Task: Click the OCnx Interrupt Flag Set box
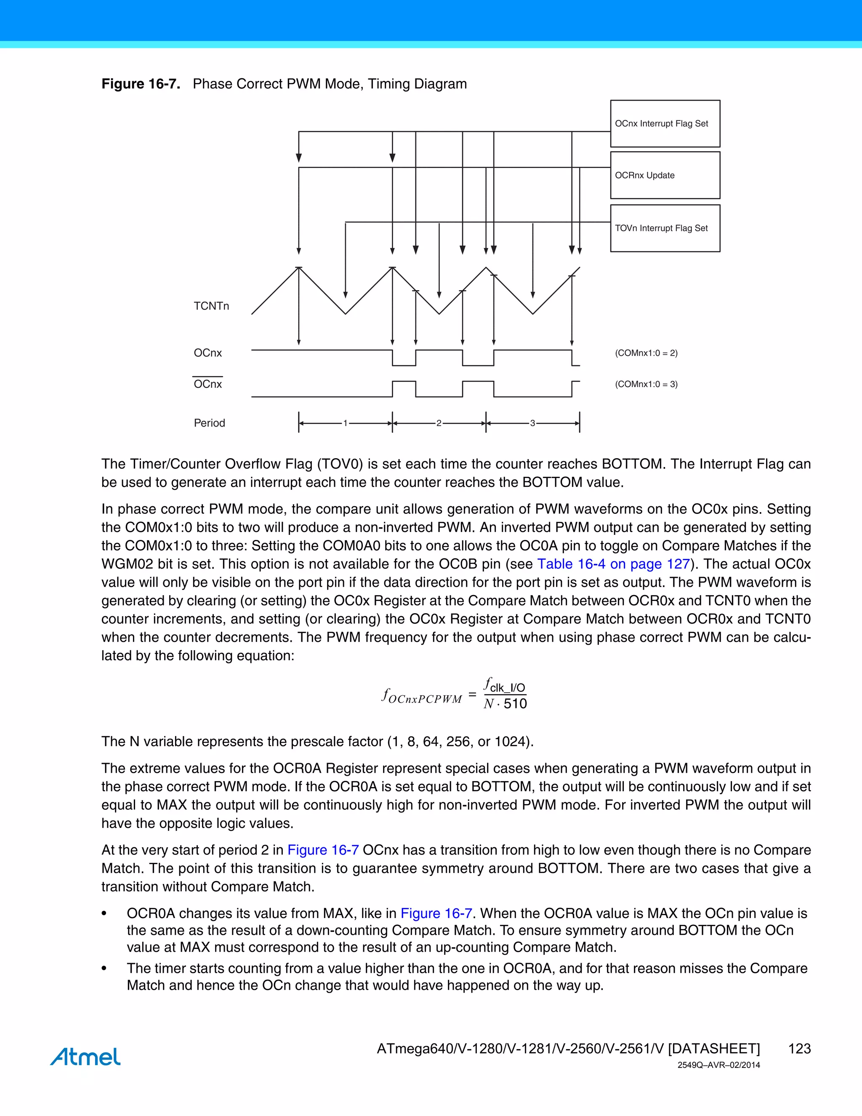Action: coord(665,124)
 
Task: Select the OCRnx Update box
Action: coord(665,175)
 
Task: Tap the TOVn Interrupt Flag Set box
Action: coord(665,228)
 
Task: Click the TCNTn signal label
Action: coord(211,306)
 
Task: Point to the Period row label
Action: coord(209,423)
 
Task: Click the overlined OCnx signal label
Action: coord(208,384)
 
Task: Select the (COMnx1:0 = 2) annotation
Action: coord(646,353)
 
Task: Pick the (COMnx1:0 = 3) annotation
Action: coord(646,384)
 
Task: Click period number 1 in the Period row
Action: coord(345,423)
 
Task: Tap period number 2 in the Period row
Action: coord(439,423)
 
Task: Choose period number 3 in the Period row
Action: coord(532,423)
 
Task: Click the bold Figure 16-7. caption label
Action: coord(141,84)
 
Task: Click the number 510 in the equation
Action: coord(515,704)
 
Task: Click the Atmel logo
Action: coord(85,1056)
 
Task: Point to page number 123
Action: coord(799,1049)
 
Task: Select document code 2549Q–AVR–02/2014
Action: coord(718,1065)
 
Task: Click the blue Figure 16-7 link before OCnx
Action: coord(323,850)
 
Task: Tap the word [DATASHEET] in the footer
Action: coord(713,1049)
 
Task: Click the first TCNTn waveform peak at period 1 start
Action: coord(299,268)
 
